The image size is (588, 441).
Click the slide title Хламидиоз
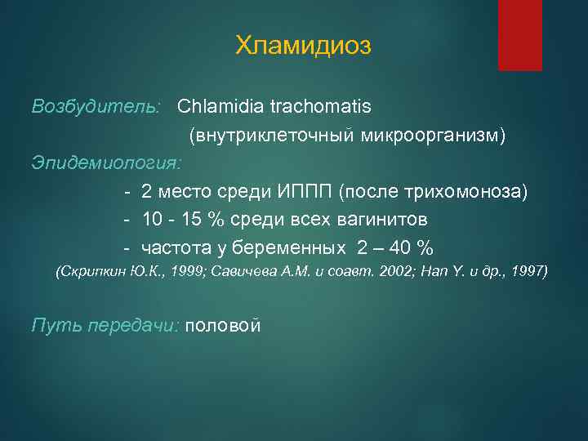coord(303,46)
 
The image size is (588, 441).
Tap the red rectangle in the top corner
coord(519,34)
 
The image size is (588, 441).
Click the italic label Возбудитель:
coord(96,107)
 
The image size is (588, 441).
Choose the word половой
coord(224,326)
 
